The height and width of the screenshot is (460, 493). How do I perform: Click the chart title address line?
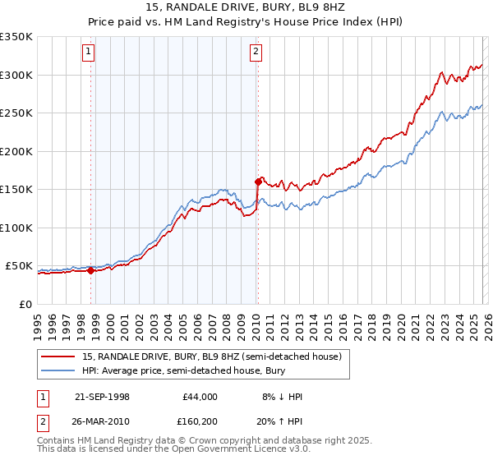(246, 7)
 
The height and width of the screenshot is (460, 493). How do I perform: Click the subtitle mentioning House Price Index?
(246, 22)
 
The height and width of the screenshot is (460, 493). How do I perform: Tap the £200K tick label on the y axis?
(16, 151)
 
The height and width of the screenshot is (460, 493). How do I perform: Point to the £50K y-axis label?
(19, 266)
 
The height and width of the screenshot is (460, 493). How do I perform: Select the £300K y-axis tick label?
(16, 75)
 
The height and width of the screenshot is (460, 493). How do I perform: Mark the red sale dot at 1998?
(91, 270)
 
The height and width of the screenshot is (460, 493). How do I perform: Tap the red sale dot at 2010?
(258, 182)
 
